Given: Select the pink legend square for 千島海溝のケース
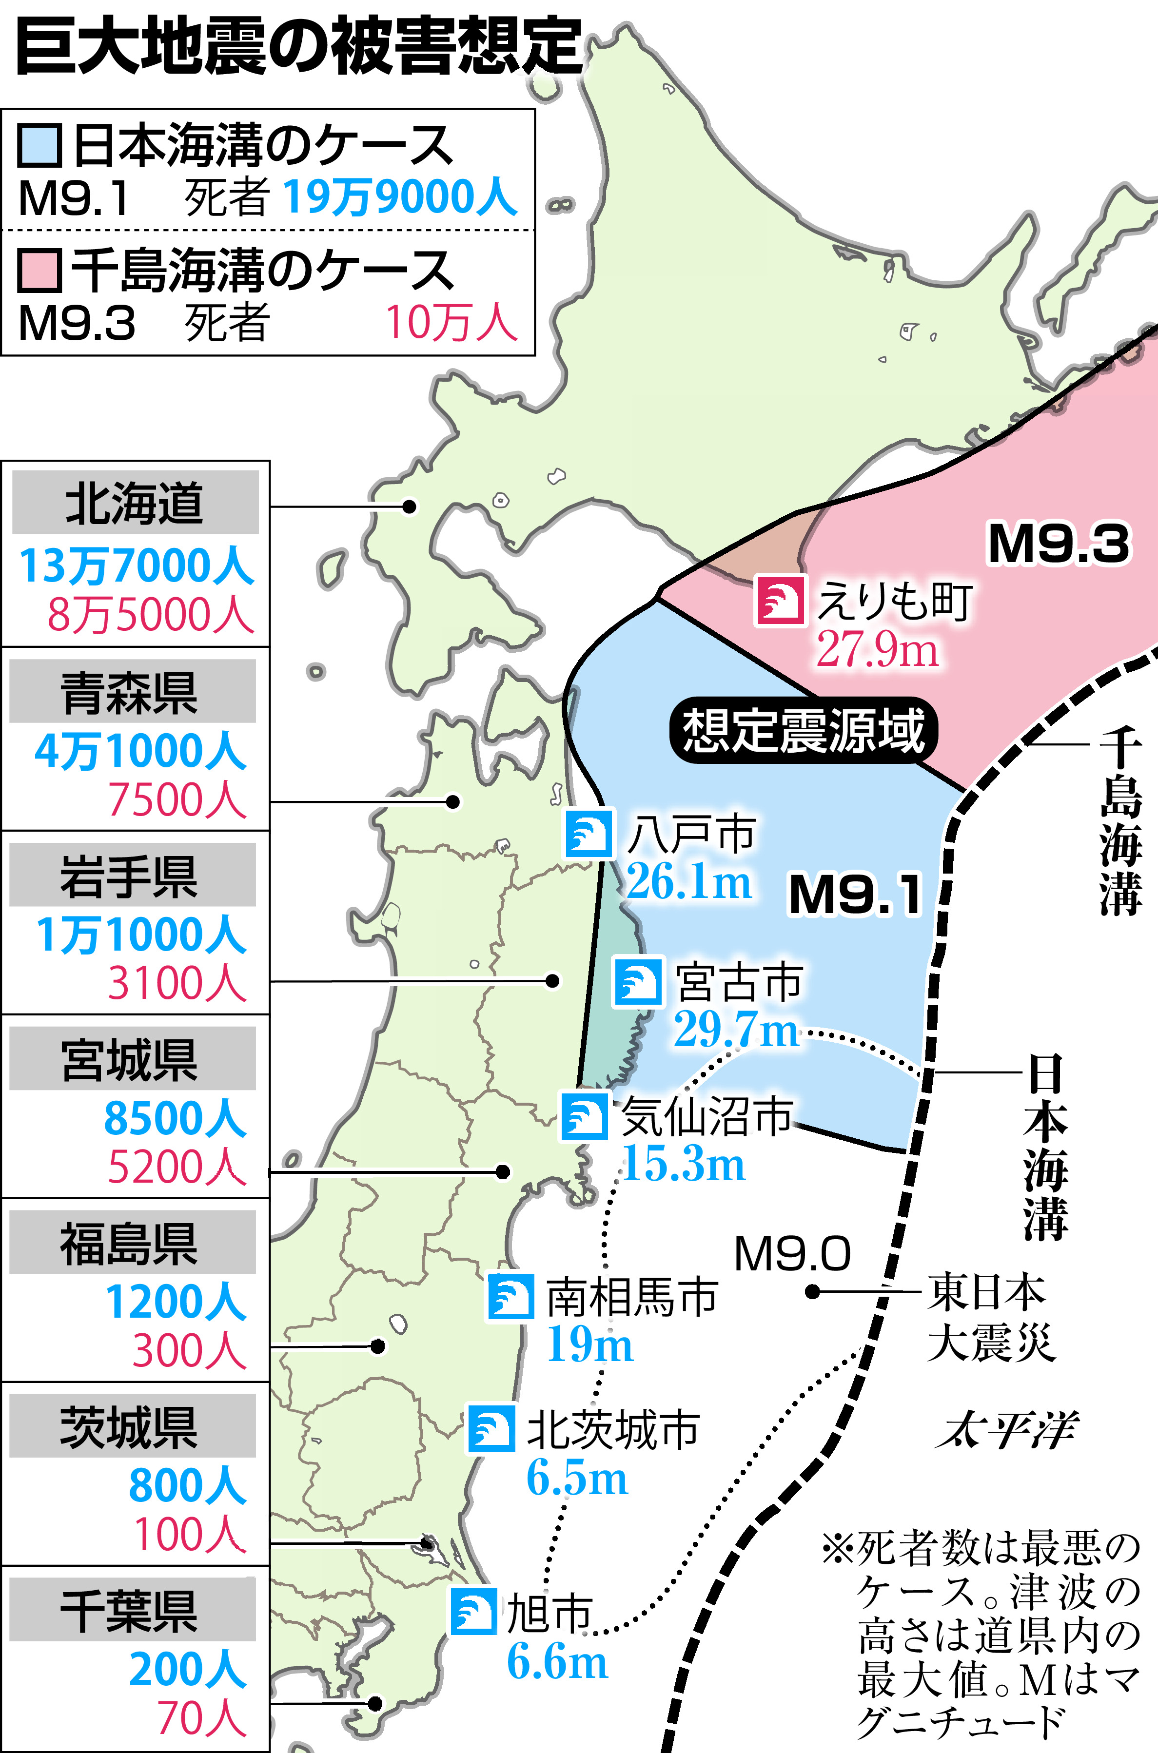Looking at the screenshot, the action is (39, 270).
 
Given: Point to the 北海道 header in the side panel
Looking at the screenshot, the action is (135, 503).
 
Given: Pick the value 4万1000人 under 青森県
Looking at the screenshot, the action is (140, 751).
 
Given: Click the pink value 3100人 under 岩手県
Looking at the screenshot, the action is (177, 984).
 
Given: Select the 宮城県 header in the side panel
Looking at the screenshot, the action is (130, 1060).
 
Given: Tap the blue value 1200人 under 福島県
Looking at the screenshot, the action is (176, 1301).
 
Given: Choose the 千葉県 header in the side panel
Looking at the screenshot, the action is (130, 1611).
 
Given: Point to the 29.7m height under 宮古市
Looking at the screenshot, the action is (736, 1030).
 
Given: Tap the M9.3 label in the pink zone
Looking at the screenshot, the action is (1059, 544).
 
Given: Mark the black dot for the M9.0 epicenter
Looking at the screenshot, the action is (812, 1291).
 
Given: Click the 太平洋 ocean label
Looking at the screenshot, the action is (1006, 1430).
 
